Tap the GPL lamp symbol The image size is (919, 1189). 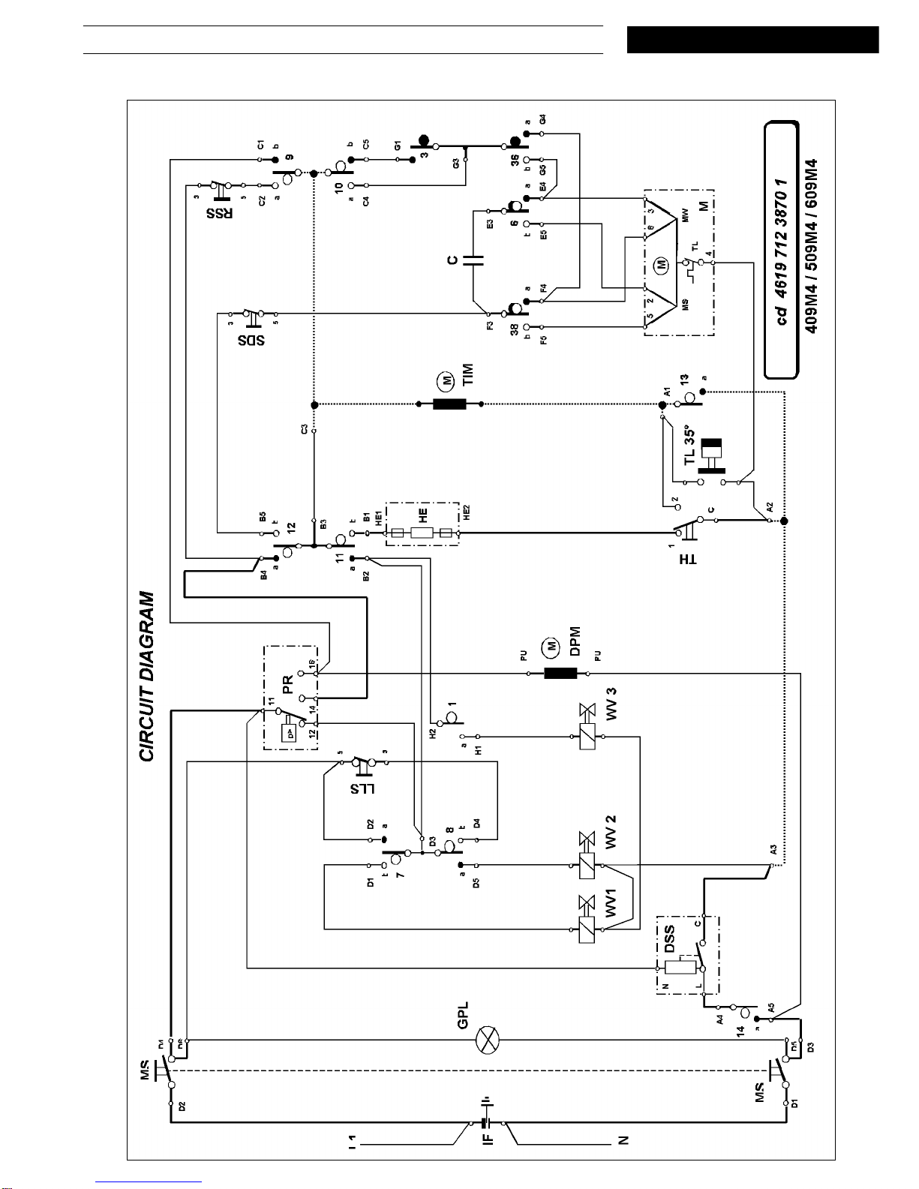click(488, 1040)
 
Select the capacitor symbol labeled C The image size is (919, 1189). click(473, 260)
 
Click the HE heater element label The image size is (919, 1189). click(423, 516)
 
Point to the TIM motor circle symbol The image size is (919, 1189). click(447, 381)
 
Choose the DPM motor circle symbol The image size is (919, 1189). click(551, 646)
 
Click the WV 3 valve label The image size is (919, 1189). click(611, 704)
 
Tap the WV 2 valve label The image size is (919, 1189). click(611, 832)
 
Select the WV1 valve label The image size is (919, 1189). click(611, 902)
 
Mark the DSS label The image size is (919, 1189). click(669, 938)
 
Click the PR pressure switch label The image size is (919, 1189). click(288, 684)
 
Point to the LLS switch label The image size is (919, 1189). click(362, 788)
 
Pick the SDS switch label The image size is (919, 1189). click(251, 340)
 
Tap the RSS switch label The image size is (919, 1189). click(219, 213)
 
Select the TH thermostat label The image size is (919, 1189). click(688, 560)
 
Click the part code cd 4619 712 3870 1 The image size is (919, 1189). click(782, 251)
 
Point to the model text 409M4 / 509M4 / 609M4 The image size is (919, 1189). click(811, 245)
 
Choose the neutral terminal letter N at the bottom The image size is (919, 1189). click(623, 1140)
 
